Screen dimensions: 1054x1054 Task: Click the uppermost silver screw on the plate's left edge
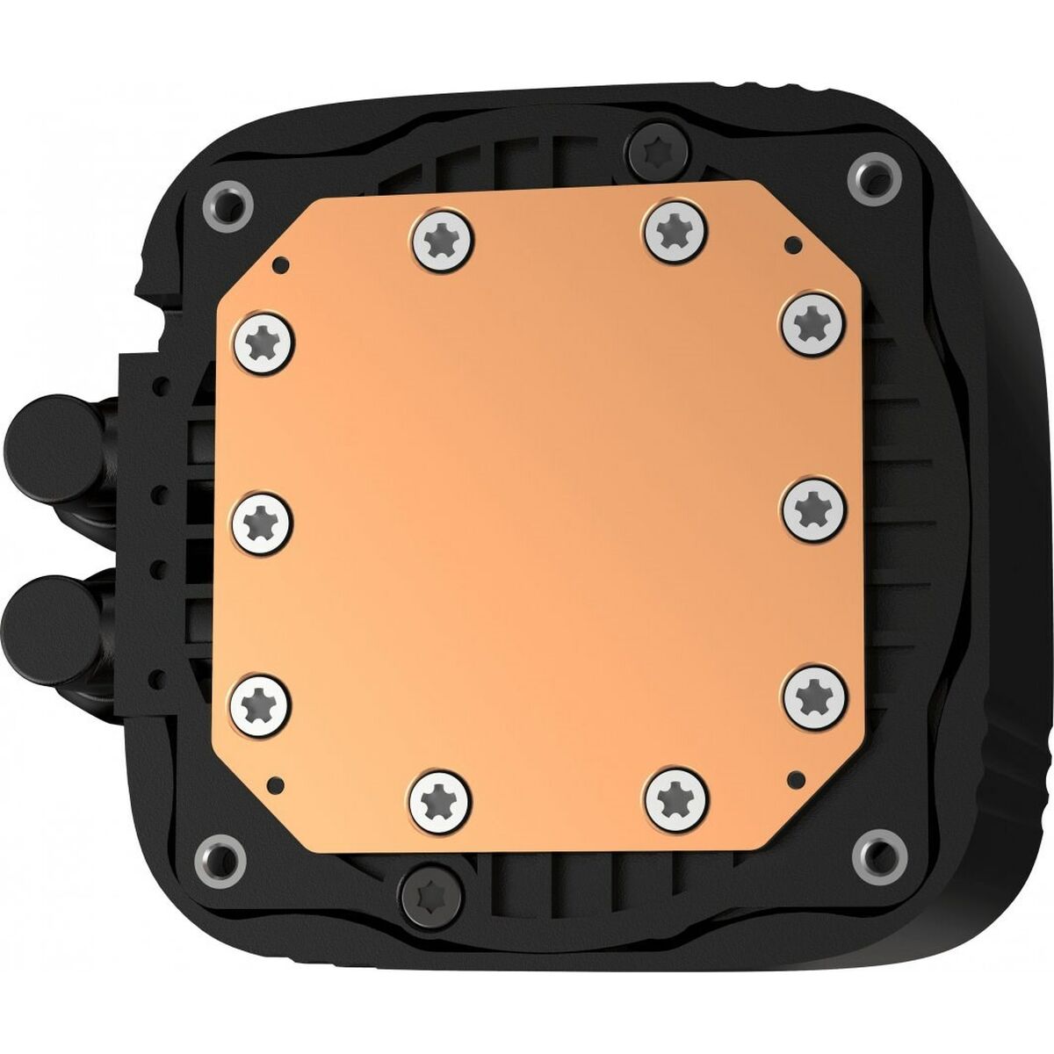pyautogui.click(x=264, y=339)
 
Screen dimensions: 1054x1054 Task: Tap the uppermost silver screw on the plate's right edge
pyautogui.click(x=812, y=322)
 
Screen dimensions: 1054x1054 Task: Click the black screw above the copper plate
pyautogui.click(x=656, y=151)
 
